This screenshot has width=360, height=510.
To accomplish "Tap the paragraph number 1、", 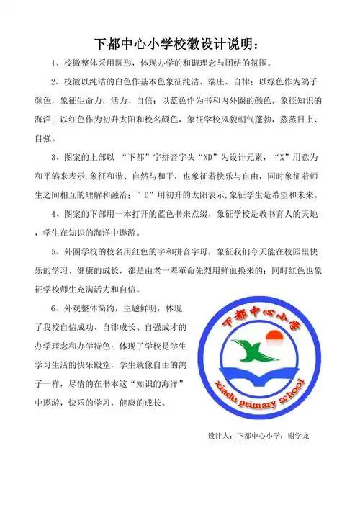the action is (x=58, y=61).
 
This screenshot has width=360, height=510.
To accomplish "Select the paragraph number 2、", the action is (x=58, y=79).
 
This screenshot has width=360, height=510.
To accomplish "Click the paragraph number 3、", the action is (x=58, y=156).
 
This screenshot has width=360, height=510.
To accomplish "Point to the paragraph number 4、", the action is (x=58, y=214).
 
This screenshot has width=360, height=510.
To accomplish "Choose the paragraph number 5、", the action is (x=58, y=252).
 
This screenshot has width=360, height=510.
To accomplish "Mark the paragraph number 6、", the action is (x=58, y=310).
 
